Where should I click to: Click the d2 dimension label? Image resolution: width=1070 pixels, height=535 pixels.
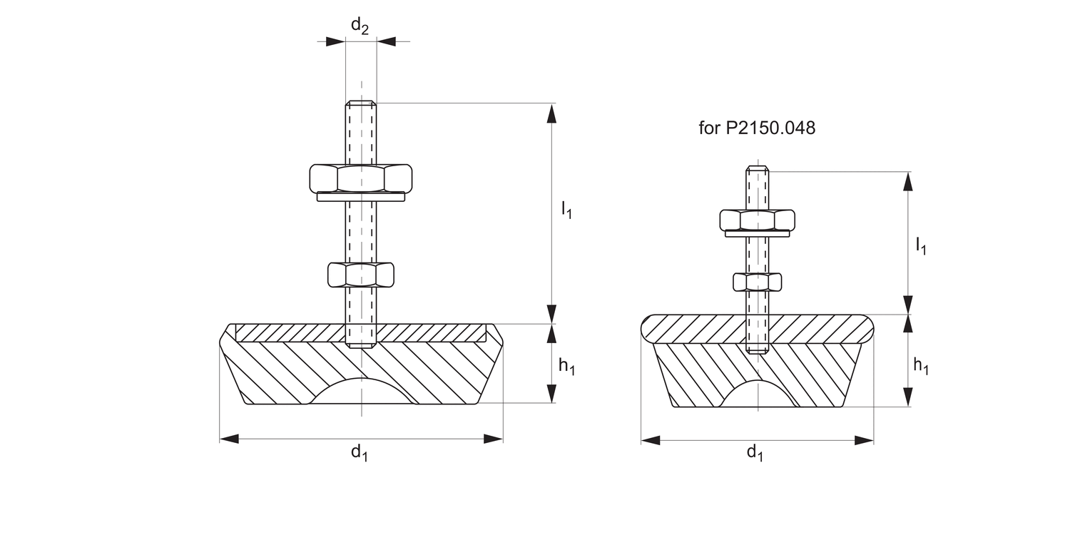360,26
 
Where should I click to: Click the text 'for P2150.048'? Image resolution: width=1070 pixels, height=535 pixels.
756,129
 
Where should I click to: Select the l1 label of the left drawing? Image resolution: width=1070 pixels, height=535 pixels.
566,210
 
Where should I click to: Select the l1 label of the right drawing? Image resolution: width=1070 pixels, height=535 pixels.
921,247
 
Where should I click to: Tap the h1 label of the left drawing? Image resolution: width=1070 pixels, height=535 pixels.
566,367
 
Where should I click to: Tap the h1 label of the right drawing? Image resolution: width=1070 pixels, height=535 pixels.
921,367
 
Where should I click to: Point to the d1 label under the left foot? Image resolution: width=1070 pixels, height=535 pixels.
359,452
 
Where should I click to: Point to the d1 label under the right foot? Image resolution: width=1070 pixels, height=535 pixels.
755,452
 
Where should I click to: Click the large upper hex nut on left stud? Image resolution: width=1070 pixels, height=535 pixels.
361,178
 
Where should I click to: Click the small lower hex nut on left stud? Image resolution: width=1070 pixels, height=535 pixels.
361,275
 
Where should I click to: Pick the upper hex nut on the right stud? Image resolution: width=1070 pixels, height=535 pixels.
757,220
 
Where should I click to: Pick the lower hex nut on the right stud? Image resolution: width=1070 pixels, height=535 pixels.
757,282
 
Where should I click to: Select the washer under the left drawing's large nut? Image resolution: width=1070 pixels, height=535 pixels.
361,197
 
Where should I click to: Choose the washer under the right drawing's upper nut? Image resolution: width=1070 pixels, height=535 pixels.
757,233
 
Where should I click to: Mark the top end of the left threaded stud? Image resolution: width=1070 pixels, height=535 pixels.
361,105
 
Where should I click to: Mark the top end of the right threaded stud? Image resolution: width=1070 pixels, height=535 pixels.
757,170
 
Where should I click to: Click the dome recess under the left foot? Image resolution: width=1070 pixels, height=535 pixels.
361,392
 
